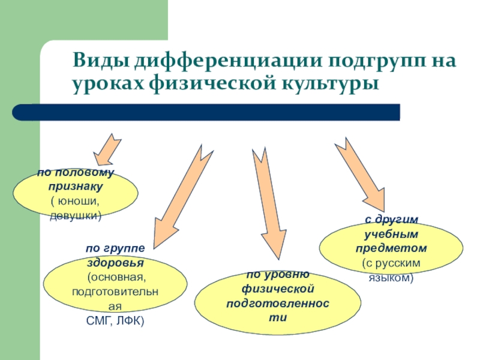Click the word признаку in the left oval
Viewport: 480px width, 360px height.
76,186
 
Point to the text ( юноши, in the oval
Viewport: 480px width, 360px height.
76,200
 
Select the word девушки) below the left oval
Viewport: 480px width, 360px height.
76,214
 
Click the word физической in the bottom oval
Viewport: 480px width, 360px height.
270,289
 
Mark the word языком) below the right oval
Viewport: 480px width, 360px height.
391,278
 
